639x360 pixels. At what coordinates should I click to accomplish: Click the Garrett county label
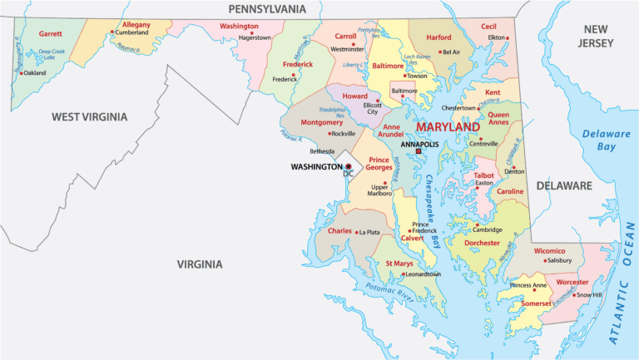point(51,33)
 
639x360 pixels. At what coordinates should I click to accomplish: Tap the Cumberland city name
point(131,33)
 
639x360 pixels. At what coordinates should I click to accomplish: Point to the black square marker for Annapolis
point(419,151)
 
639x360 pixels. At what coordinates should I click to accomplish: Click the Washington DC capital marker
point(349,167)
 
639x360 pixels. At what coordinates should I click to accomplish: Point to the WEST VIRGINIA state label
point(89,117)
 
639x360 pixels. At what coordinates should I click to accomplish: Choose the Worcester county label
point(572,283)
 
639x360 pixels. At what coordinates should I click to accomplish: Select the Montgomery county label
point(321,122)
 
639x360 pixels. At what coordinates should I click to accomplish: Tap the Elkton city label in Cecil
point(496,38)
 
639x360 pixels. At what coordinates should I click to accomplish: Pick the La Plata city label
point(368,231)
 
